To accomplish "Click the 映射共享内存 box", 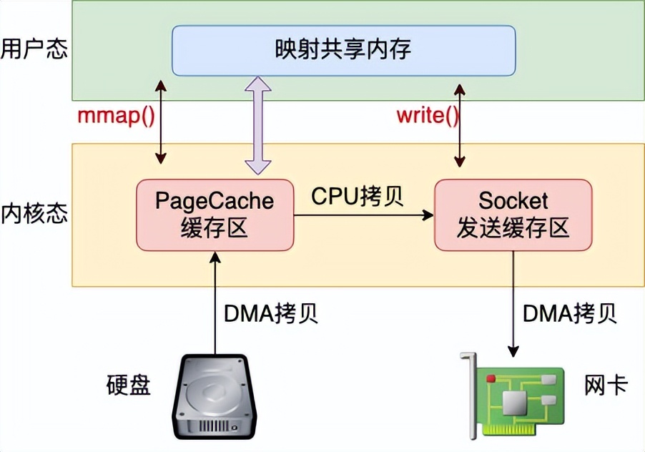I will pyautogui.click(x=343, y=50).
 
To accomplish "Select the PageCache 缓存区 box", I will pyautogui.click(x=215, y=215).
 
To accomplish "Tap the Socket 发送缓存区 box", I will pyautogui.click(x=513, y=215).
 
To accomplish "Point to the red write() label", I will pyautogui.click(x=428, y=117).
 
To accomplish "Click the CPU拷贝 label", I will pyautogui.click(x=358, y=197).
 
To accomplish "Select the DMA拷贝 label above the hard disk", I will pyautogui.click(x=271, y=313).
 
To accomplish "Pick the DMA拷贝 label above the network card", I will pyautogui.click(x=570, y=313).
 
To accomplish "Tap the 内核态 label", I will pyautogui.click(x=34, y=213).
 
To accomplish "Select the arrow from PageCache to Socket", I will pyautogui.click(x=365, y=213).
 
